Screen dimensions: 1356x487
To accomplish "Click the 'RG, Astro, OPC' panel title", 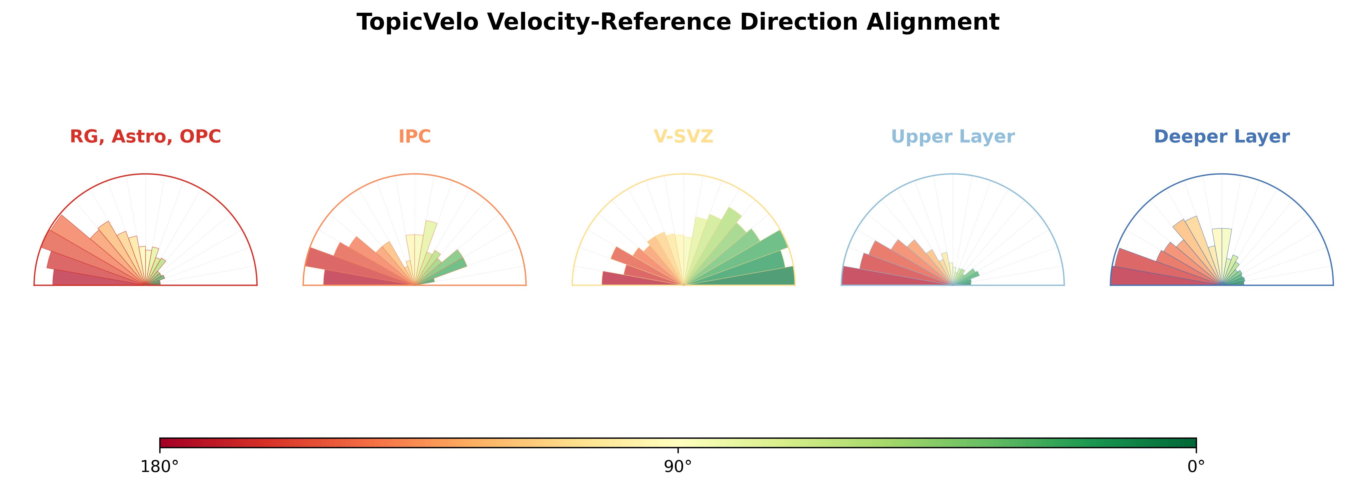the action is pyautogui.click(x=145, y=136).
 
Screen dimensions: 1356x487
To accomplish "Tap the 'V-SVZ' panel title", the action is pyautogui.click(x=683, y=136).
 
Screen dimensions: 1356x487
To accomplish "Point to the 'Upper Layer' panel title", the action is pyautogui.click(x=953, y=136).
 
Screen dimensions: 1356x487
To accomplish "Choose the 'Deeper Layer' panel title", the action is pyautogui.click(x=1222, y=136).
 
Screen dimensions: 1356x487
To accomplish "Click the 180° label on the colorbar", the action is pyautogui.click(x=160, y=467).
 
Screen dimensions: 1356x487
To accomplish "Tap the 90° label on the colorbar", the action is pyautogui.click(x=678, y=467).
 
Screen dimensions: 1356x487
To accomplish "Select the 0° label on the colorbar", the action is pyautogui.click(x=1196, y=467).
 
